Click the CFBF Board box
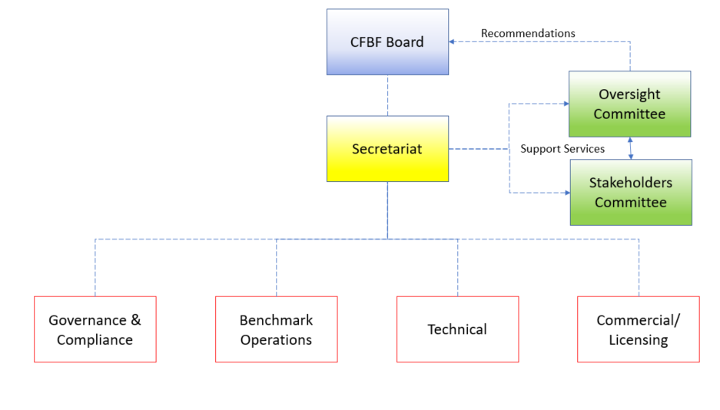pyautogui.click(x=387, y=41)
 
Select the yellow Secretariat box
pyautogui.click(x=387, y=149)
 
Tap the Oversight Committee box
pyautogui.click(x=629, y=104)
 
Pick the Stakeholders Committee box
pyautogui.click(x=631, y=192)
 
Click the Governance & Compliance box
pyautogui.click(x=95, y=329)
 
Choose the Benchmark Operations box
pyautogui.click(x=277, y=329)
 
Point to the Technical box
pyautogui.click(x=458, y=329)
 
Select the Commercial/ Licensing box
pyautogui.click(x=639, y=329)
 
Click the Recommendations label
pyautogui.click(x=528, y=34)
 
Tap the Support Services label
pyautogui.click(x=562, y=149)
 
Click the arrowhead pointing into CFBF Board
pyautogui.click(x=452, y=41)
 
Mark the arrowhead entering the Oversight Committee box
pyautogui.click(x=566, y=104)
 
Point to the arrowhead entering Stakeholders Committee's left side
pyautogui.click(x=568, y=193)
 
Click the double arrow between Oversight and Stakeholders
pyautogui.click(x=630, y=148)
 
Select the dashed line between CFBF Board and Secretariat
pyautogui.click(x=387, y=95)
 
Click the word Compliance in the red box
pyautogui.click(x=95, y=340)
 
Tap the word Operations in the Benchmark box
pyautogui.click(x=276, y=340)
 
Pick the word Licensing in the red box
pyautogui.click(x=639, y=340)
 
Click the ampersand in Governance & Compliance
pyautogui.click(x=136, y=320)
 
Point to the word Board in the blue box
pyautogui.click(x=406, y=42)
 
